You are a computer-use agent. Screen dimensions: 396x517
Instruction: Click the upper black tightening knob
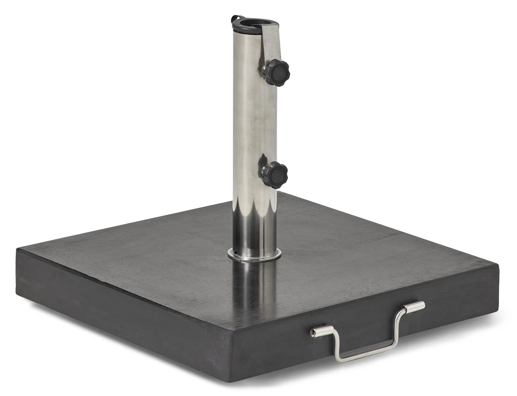[277, 72]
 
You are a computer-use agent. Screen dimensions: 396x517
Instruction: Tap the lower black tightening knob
[274, 175]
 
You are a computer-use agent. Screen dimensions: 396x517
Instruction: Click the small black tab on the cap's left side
[234, 19]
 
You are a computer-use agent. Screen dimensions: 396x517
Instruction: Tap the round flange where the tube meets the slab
[254, 254]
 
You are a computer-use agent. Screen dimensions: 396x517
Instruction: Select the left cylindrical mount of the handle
[322, 331]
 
